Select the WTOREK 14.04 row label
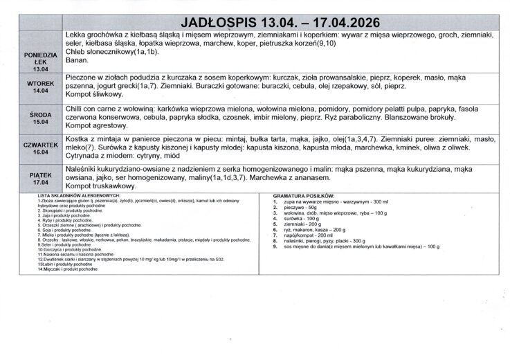[41, 86]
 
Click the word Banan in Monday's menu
[76, 61]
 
